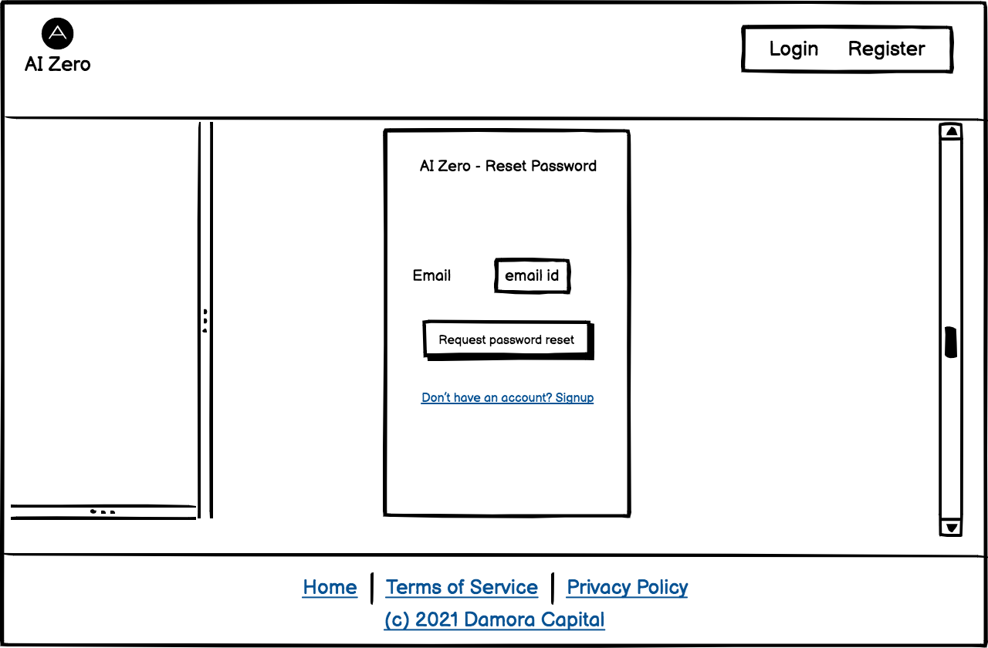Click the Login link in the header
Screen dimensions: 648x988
(793, 49)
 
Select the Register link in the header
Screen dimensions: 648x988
(886, 49)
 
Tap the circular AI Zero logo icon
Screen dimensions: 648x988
(58, 33)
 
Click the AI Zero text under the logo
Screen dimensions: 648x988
(58, 64)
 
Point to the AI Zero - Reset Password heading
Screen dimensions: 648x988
(508, 166)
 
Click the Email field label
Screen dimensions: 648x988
(431, 275)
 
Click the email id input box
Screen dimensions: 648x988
(532, 275)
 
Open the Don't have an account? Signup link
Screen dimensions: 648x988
(507, 398)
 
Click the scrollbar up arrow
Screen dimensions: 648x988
(952, 132)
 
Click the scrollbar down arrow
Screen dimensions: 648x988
(952, 528)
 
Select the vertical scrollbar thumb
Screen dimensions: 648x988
(951, 342)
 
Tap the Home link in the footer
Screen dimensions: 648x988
(330, 588)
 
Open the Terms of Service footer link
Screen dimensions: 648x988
(462, 588)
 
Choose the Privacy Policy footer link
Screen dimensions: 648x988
(627, 588)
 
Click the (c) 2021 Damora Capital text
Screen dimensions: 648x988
(494, 620)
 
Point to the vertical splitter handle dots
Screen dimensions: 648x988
(205, 320)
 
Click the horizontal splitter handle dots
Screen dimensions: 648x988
(103, 511)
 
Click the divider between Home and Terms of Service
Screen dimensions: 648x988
(372, 588)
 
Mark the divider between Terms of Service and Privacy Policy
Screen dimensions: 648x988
(553, 588)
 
